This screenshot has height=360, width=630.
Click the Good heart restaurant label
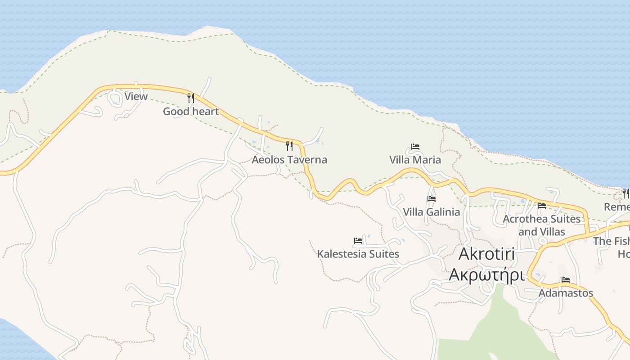click(191, 112)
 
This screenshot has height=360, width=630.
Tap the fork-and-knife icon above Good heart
click(191, 98)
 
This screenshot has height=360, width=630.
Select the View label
click(136, 96)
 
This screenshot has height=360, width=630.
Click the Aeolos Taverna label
click(289, 160)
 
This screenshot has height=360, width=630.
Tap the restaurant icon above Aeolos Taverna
click(289, 146)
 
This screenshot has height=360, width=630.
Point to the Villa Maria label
click(415, 160)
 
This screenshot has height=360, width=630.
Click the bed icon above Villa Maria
click(415, 147)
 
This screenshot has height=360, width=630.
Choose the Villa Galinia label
click(431, 212)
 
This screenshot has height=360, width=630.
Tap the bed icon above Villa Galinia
click(432, 198)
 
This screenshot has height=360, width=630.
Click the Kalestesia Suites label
click(358, 254)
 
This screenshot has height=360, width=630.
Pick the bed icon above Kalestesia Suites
click(358, 241)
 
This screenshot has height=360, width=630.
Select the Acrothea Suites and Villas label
click(541, 225)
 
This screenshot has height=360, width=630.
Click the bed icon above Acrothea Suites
click(542, 206)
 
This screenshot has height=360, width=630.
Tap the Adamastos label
click(566, 293)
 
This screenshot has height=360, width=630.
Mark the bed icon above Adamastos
click(566, 280)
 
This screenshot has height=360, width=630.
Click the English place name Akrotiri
click(486, 254)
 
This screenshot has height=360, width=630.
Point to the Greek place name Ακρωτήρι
click(486, 274)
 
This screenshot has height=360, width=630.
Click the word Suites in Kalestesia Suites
click(382, 254)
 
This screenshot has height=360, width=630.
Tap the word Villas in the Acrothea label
click(553, 232)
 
